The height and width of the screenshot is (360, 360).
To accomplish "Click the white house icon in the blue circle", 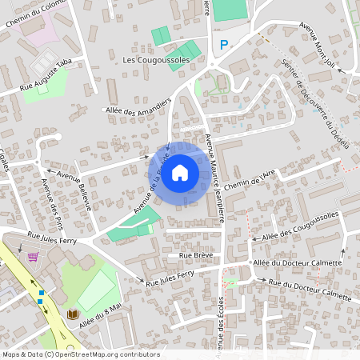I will coord(180,172).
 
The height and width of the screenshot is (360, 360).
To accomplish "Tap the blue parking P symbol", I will coord(225,46).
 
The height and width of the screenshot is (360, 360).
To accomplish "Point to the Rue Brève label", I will coord(195,255).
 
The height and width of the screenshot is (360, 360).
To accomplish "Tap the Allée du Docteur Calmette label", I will coord(297,263).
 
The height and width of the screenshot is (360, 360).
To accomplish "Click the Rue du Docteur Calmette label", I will coord(309,289).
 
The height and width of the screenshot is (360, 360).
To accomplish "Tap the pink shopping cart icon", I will coord(33,257).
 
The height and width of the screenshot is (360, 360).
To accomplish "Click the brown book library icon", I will coord(72,314).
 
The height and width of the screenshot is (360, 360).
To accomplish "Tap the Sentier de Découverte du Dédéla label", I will coord(316,104).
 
